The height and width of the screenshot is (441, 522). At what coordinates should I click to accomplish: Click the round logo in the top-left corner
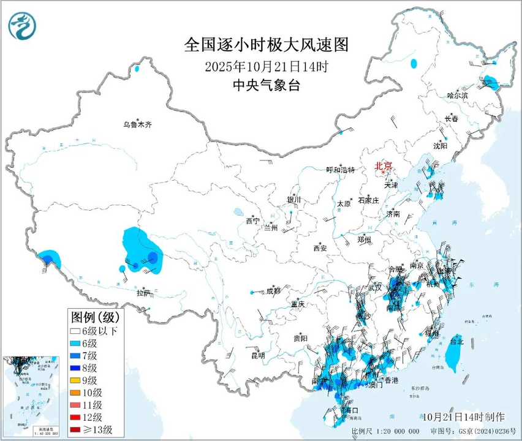(x=22, y=25)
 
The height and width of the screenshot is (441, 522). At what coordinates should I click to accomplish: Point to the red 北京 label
(x=383, y=165)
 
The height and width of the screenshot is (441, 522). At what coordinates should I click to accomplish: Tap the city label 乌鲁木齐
(x=136, y=125)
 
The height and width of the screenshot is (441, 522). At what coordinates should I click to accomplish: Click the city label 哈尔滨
(x=457, y=96)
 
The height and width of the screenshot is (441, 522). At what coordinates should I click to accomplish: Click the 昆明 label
(x=258, y=355)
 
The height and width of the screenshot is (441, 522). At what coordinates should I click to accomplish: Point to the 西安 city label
(x=320, y=248)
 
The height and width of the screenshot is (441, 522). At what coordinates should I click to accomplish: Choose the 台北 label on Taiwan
(x=457, y=341)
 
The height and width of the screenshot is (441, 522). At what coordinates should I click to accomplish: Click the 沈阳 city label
(x=440, y=146)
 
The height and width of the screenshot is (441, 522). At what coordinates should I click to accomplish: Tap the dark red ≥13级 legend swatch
(x=75, y=429)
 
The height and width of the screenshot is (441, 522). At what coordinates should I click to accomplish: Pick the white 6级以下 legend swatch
(x=75, y=331)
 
